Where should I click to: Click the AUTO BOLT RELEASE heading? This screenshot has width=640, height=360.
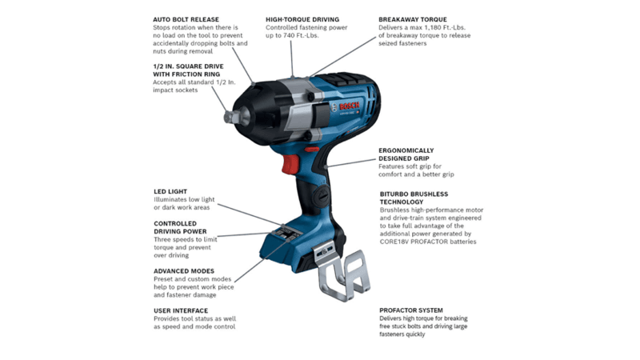tap(186, 19)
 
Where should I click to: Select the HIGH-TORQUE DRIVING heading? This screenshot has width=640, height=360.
tap(302, 19)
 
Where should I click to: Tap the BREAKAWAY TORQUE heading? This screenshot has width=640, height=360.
tap(412, 19)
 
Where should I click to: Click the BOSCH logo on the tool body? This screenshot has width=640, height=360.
tap(349, 106)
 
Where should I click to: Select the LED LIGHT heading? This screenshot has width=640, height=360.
tap(170, 191)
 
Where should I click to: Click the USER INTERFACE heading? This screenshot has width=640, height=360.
tap(181, 310)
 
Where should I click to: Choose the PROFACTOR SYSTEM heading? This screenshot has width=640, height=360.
tap(411, 310)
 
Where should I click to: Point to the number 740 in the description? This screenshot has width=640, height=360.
tap(289, 35)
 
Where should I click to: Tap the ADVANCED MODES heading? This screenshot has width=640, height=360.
tap(184, 271)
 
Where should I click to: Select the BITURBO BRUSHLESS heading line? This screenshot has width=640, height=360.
tap(414, 194)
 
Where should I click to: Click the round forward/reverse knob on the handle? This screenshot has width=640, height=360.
tap(322, 195)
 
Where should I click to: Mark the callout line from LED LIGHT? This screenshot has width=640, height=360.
tap(250, 214)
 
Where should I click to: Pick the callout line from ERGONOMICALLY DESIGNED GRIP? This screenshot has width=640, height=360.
tap(350, 163)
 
